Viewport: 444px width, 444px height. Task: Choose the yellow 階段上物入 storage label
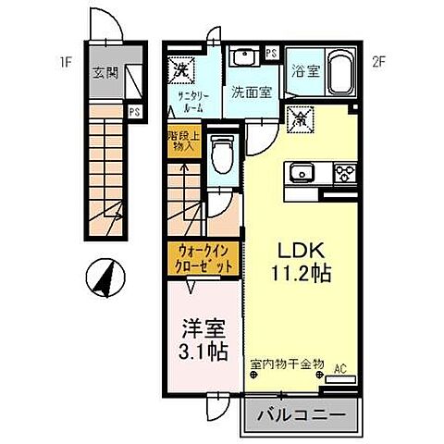tap(182, 141)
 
